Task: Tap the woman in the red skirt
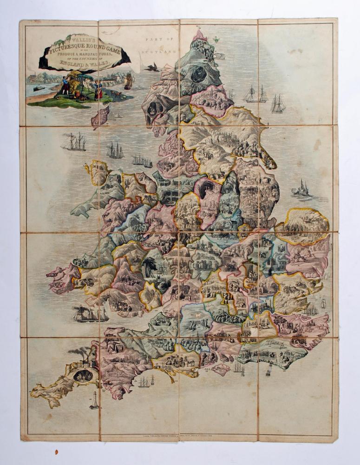tap(98, 91)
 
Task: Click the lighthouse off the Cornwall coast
tap(95, 399)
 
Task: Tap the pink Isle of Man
tap(100, 116)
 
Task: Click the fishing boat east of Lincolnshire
tap(301, 188)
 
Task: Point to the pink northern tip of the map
tap(201, 35)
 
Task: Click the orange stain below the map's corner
tap(57, 451)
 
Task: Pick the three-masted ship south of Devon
tap(144, 382)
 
